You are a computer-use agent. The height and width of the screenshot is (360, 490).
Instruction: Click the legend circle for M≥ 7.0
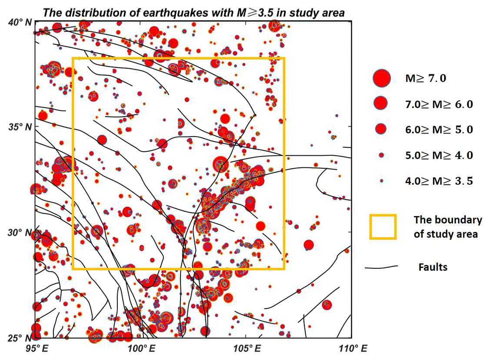(381, 79)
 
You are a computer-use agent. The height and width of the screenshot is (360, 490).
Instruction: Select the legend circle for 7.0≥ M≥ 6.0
(381, 103)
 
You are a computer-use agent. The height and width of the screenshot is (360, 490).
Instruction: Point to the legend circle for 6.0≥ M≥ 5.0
(381, 129)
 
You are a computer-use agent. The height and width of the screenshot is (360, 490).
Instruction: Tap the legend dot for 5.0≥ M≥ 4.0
(381, 155)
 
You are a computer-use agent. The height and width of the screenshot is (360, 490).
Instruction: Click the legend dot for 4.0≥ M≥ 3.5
(381, 180)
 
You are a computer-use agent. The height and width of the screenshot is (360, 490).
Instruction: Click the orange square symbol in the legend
(383, 227)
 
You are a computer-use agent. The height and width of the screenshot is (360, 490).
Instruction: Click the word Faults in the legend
(433, 267)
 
